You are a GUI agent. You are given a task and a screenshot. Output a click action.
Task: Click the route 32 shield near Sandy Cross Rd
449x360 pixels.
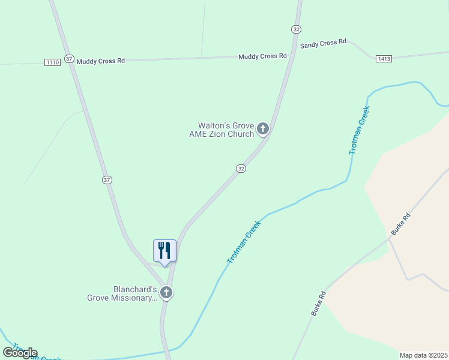[296, 29]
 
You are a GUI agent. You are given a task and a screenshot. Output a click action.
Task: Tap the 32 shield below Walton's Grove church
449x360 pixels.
[241, 169]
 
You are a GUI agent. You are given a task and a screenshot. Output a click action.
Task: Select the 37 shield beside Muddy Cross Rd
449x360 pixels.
[70, 59]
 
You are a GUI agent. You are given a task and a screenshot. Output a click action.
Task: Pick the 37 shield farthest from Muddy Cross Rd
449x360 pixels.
[107, 179]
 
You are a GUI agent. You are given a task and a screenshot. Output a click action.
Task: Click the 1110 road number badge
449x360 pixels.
[52, 62]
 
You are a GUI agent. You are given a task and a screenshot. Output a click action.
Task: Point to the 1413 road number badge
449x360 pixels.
[384, 58]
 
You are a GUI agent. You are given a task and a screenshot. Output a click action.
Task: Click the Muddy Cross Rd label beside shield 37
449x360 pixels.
[100, 61]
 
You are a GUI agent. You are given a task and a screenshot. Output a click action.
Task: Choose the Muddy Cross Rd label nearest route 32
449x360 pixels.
[262, 56]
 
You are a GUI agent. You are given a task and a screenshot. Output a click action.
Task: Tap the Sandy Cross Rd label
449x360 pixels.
[324, 43]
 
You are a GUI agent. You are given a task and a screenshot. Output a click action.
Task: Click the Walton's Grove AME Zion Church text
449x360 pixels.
[221, 130]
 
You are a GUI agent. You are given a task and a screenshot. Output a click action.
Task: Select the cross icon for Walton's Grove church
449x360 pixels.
[262, 128]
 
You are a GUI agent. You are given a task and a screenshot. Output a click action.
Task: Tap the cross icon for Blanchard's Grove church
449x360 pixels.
[166, 293]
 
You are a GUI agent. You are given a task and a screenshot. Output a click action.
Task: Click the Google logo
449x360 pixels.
[20, 353]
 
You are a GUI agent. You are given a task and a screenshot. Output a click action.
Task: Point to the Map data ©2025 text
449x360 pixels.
[423, 355]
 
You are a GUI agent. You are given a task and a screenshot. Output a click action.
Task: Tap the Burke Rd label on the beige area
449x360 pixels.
[400, 224]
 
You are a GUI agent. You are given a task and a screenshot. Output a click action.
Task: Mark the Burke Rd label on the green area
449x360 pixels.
[318, 304]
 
